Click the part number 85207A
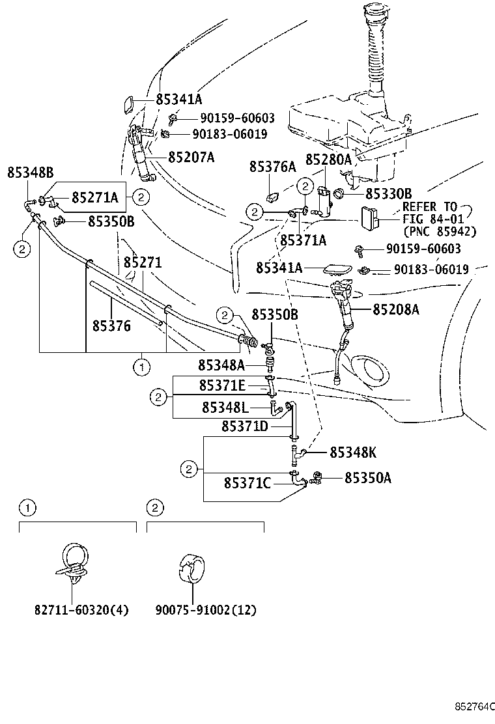click(x=191, y=158)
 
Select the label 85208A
click(x=395, y=310)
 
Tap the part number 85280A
click(x=328, y=159)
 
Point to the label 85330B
click(x=388, y=193)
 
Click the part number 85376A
click(x=272, y=167)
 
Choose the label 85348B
click(x=31, y=173)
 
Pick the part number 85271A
click(x=94, y=197)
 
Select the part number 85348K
click(x=352, y=451)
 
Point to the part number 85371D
click(x=245, y=426)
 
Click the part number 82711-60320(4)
click(x=81, y=610)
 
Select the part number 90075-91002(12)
click(x=206, y=610)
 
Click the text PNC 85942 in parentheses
click(x=440, y=231)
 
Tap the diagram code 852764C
click(x=475, y=706)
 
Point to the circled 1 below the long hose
click(x=141, y=367)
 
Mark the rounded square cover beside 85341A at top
click(x=130, y=104)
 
